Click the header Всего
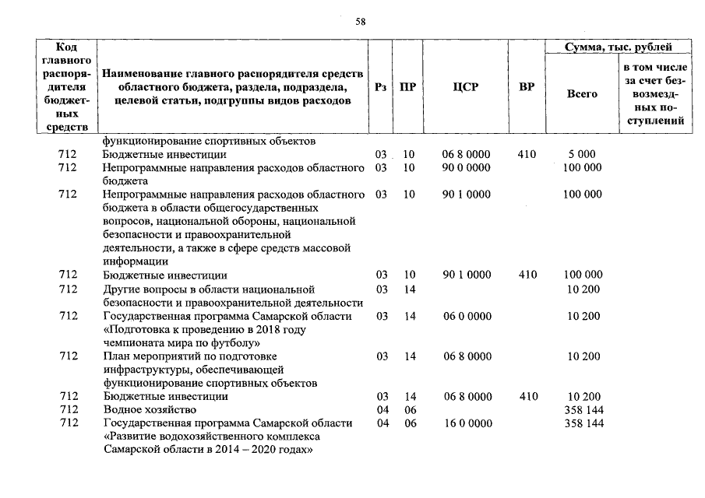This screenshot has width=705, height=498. click(582, 94)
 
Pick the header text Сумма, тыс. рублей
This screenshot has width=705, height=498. click(619, 47)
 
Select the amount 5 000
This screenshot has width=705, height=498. click(582, 154)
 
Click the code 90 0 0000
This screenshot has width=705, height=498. click(466, 167)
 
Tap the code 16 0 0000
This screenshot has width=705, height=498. click(466, 423)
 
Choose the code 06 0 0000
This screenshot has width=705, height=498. click(466, 316)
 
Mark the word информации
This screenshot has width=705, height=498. click(133, 261)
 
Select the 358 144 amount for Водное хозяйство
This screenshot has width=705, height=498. click(582, 409)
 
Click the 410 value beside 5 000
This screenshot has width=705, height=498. click(527, 154)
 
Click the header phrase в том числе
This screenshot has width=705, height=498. click(654, 67)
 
